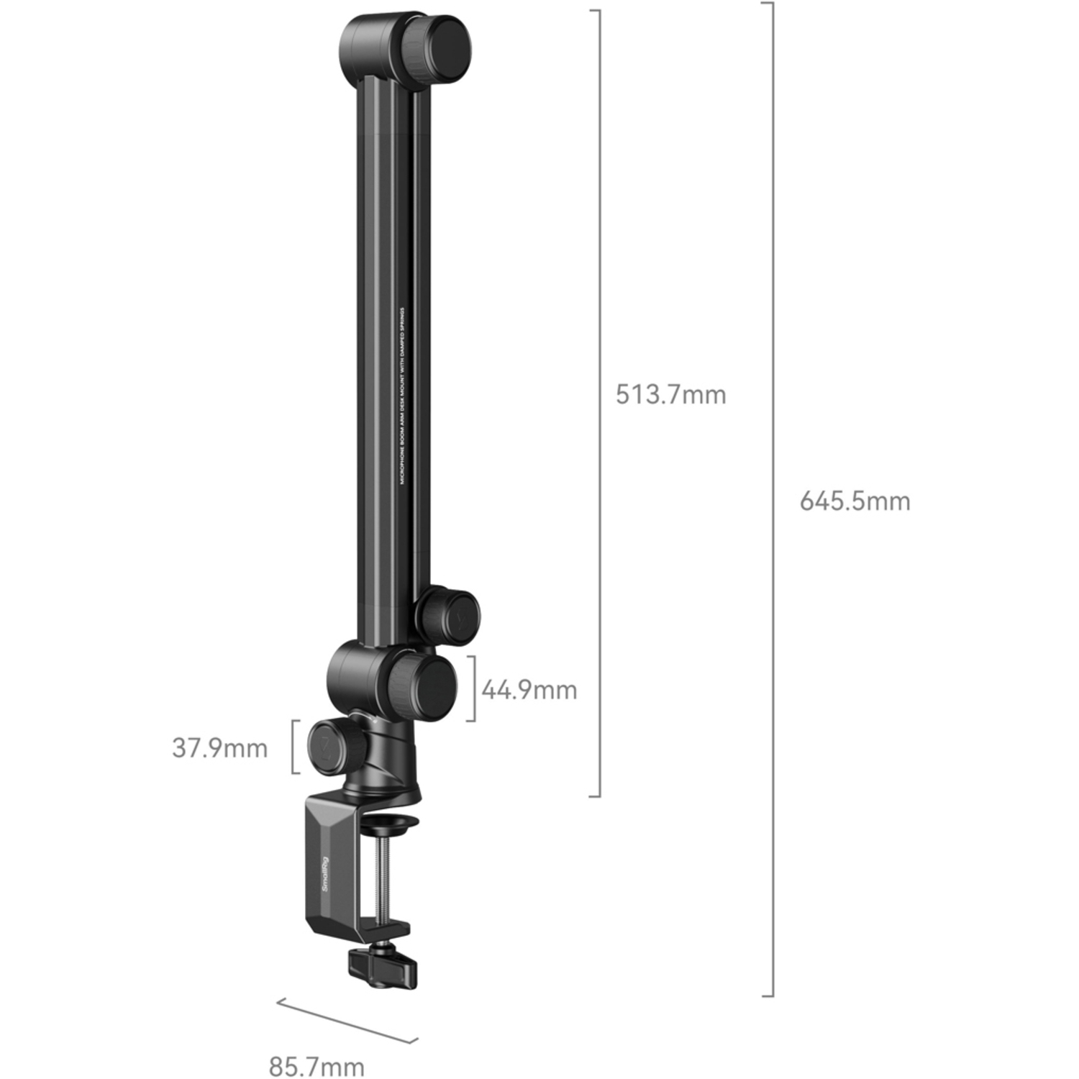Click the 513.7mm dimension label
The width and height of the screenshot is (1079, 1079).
click(670, 395)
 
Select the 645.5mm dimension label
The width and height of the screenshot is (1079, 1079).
click(855, 501)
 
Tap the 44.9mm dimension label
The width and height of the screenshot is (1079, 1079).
click(529, 690)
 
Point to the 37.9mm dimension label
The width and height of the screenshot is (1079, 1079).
click(219, 748)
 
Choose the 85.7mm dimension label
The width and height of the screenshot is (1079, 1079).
click(317, 1065)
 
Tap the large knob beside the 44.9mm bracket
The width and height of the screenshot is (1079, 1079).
click(424, 688)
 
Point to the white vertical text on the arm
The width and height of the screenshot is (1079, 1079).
click(403, 396)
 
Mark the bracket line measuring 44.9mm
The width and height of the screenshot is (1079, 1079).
click(474, 688)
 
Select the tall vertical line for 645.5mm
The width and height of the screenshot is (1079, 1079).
click(773, 500)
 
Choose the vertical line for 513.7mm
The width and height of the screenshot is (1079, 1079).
click(599, 403)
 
